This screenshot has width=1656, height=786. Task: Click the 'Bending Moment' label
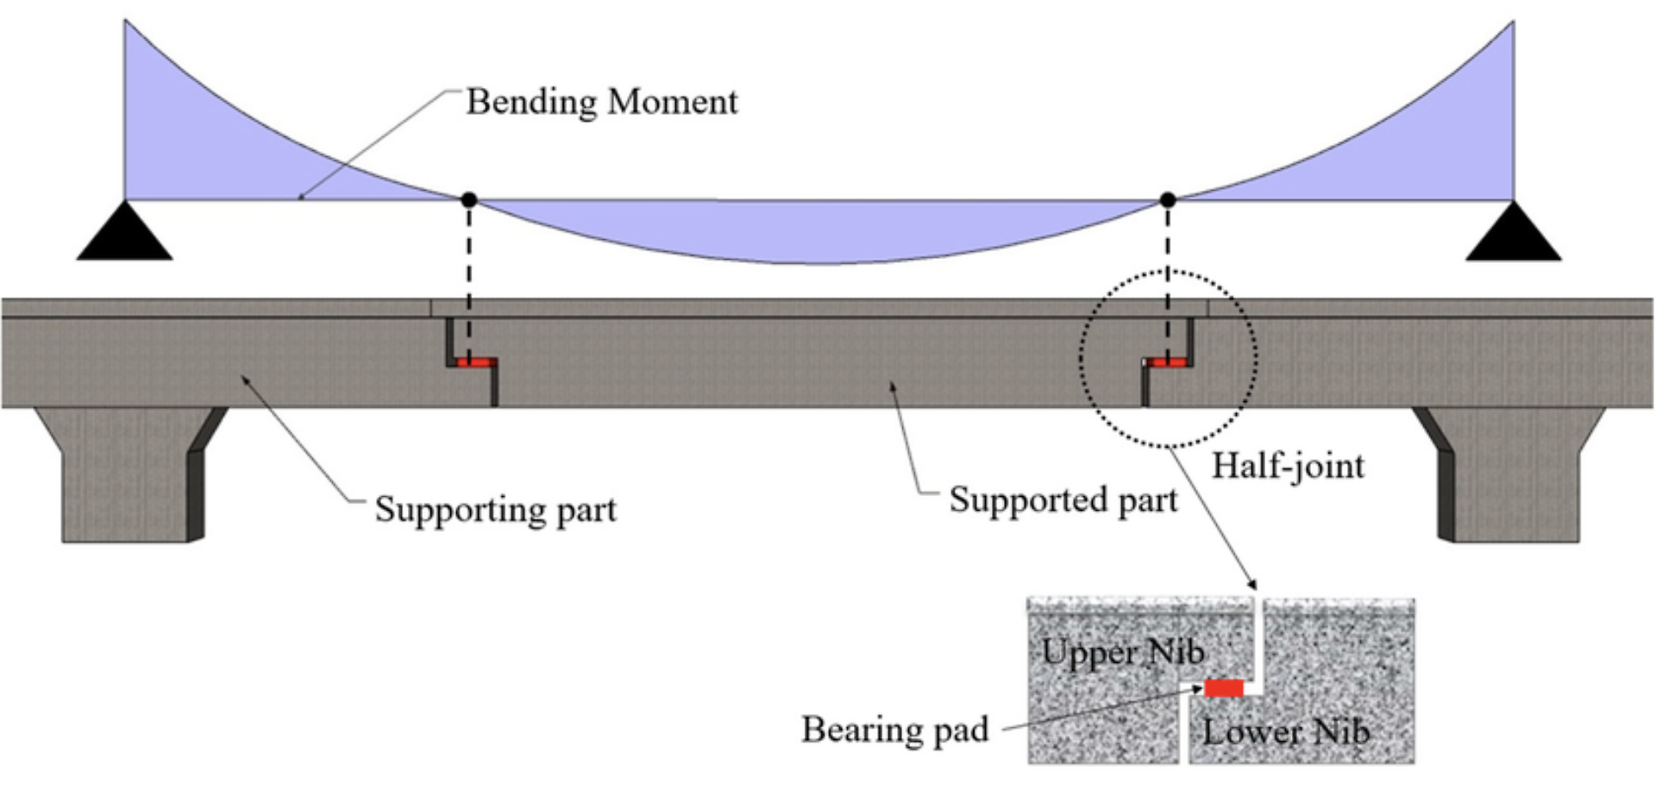click(601, 102)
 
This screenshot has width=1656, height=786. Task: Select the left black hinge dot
click(469, 199)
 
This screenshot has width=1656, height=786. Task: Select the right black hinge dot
click(1168, 199)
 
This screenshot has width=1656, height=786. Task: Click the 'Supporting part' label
click(495, 509)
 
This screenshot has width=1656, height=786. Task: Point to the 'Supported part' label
click(1063, 500)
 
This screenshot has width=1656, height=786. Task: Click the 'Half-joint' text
click(1288, 466)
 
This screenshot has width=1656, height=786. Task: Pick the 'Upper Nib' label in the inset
click(1122, 651)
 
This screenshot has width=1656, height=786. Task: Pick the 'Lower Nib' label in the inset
click(1285, 732)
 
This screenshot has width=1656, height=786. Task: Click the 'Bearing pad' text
click(894, 729)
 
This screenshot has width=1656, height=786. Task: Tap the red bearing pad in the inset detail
click(1224, 688)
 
